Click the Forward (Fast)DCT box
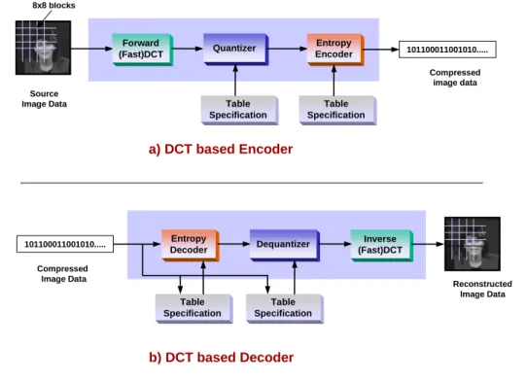(x=143, y=50)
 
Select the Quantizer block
(x=236, y=49)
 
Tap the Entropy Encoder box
(x=335, y=49)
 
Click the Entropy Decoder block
(x=191, y=245)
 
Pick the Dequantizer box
(x=285, y=245)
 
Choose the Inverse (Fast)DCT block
(x=382, y=245)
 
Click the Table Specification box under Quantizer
(x=239, y=110)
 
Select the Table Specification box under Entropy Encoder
(x=337, y=110)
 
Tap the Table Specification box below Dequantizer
(x=285, y=308)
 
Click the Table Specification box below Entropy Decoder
(x=193, y=308)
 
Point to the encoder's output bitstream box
(x=447, y=50)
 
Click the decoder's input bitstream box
(x=65, y=244)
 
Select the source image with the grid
(x=43, y=48)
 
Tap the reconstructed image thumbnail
(x=473, y=244)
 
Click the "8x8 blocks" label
(x=53, y=6)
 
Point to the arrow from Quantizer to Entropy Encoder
(x=288, y=49)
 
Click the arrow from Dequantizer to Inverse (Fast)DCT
(x=335, y=244)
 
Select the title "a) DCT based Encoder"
(x=221, y=149)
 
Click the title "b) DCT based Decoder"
(x=221, y=357)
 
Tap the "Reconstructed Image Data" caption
(x=482, y=289)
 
